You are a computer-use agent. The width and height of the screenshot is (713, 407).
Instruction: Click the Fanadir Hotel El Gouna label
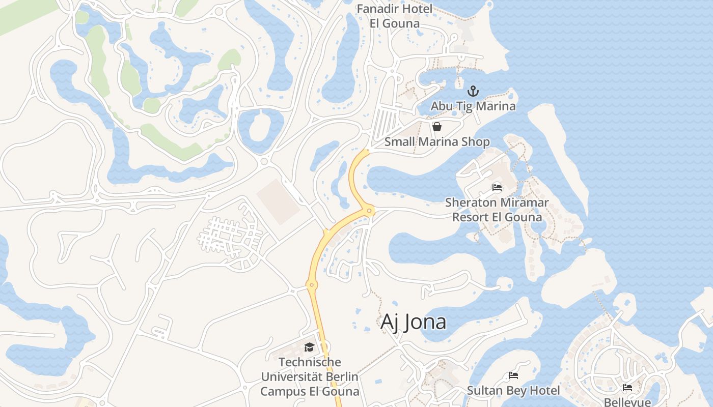(395, 16)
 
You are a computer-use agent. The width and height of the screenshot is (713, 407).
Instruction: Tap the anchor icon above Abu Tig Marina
(474, 92)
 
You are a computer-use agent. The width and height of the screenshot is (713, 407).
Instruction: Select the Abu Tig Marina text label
(473, 106)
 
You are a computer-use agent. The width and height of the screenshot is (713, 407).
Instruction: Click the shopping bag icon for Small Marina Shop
(437, 127)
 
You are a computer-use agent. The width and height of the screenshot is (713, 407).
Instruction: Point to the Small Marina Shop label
(437, 141)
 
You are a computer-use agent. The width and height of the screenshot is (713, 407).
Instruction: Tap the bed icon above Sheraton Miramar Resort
(497, 188)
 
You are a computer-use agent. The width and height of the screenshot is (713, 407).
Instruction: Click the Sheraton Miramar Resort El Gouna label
(497, 210)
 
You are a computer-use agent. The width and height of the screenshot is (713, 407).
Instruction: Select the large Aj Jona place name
(414, 322)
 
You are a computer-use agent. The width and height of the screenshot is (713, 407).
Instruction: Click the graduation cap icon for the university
(309, 347)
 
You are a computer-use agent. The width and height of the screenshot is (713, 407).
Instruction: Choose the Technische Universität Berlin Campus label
(310, 377)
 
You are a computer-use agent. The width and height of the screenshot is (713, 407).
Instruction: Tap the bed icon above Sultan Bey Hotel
(513, 376)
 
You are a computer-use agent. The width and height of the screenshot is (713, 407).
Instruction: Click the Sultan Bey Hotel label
(513, 391)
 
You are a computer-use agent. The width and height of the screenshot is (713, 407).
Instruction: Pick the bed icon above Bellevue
(627, 388)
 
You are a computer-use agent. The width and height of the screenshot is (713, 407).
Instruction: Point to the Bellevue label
(627, 402)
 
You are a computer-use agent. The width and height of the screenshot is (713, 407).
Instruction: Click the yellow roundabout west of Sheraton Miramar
(369, 210)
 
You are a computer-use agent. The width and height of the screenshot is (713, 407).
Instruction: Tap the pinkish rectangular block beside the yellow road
(278, 201)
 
